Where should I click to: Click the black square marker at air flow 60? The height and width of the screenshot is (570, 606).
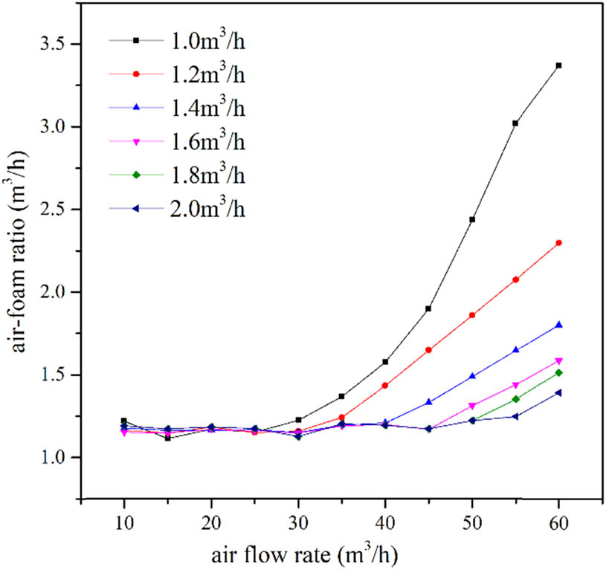558,65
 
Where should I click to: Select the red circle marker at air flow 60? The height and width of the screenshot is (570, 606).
558,243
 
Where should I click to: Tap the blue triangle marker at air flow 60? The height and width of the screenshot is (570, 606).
558,325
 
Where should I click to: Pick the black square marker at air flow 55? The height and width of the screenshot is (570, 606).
515,123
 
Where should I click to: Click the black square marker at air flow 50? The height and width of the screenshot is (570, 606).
471,219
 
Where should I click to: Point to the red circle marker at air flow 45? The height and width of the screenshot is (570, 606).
428,349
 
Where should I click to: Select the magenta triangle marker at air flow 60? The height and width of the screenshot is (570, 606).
558,361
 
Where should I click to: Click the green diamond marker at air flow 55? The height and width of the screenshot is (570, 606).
515,399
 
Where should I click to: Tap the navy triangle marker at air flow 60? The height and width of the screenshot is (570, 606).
558,392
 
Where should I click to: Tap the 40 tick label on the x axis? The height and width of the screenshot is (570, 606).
384,523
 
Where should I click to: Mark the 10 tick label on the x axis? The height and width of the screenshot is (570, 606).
124,523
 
